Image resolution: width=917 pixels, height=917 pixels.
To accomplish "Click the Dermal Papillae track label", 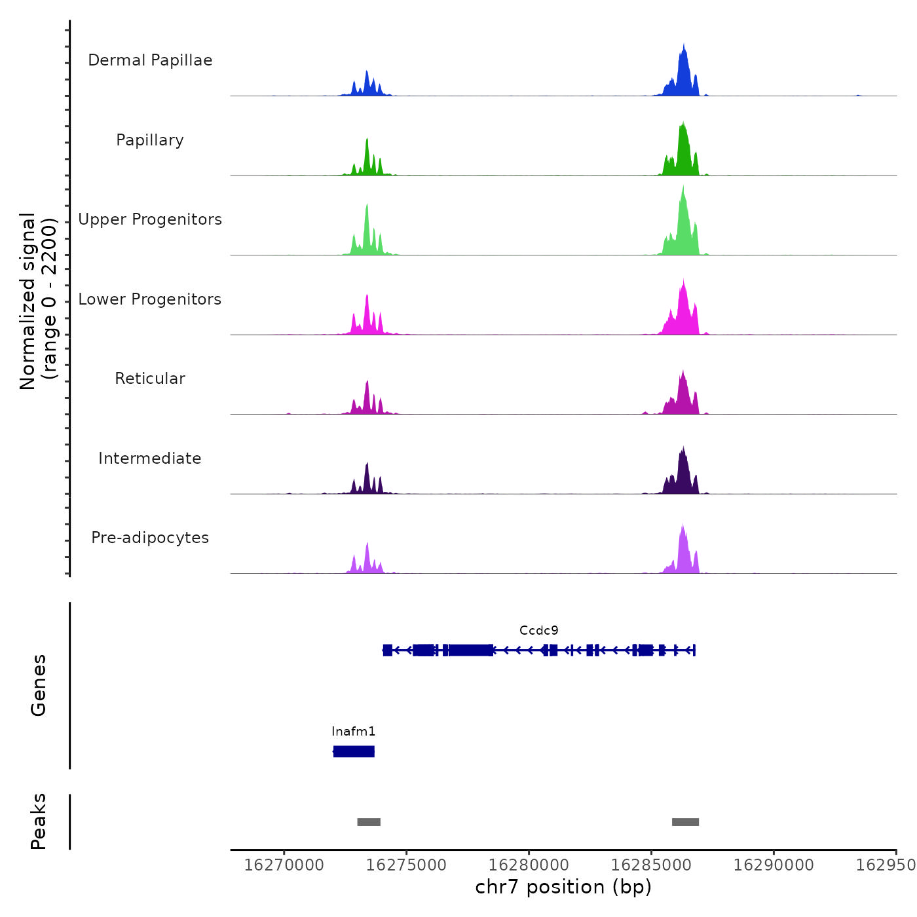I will [150, 60].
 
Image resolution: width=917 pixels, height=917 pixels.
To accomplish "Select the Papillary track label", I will [150, 140].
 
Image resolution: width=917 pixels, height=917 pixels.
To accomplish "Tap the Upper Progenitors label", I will [150, 219].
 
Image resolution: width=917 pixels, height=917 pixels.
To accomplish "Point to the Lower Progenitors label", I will [150, 299].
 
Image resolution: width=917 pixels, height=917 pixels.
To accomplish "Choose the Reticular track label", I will [150, 379].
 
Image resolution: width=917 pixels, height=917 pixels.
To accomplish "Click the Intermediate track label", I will [150, 458].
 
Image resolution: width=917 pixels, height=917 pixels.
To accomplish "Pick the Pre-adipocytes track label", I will [150, 538].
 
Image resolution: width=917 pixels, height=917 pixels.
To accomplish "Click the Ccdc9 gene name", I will [538, 631].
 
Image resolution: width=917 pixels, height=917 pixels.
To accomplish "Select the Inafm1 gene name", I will [353, 732].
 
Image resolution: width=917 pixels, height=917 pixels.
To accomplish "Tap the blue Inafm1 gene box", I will [354, 751].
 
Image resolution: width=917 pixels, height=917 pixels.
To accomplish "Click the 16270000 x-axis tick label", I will [284, 865].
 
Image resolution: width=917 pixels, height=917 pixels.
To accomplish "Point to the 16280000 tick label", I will [529, 865].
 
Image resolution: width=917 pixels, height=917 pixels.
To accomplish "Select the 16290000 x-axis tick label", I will [774, 865].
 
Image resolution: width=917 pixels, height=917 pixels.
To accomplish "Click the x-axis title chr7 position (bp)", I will [563, 887].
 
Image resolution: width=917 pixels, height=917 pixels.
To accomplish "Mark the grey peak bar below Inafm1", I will [369, 822].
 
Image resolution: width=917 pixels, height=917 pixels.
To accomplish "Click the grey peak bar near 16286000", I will [685, 822].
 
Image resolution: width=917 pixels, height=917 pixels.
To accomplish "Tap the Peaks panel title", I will [39, 821].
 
